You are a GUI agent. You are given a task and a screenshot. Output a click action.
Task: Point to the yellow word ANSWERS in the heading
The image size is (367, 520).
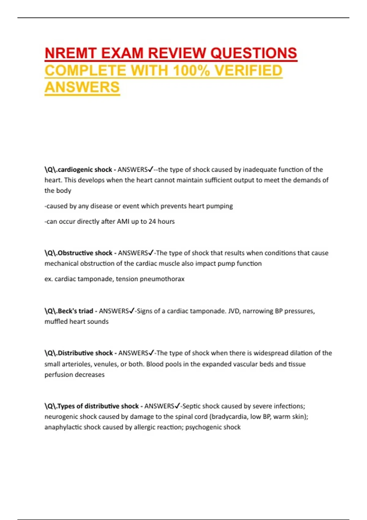(82, 87)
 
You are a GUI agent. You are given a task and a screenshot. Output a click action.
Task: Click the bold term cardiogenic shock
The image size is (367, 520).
(85, 169)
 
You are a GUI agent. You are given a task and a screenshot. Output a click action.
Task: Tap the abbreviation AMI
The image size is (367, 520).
(123, 221)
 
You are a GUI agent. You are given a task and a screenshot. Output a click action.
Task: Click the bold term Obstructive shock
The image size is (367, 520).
(85, 253)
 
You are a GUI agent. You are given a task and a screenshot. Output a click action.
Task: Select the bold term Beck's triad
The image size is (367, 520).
(75, 311)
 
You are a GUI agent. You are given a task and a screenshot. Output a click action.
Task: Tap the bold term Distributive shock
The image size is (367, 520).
(85, 353)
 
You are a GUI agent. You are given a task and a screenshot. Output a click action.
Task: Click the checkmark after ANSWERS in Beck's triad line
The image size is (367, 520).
(132, 311)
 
